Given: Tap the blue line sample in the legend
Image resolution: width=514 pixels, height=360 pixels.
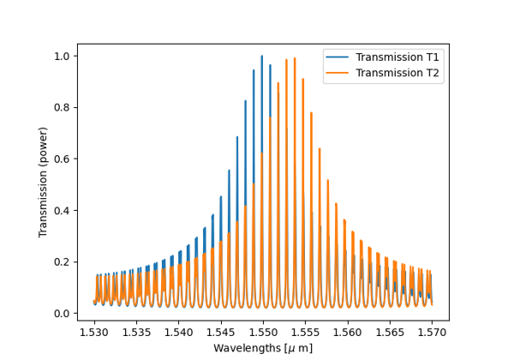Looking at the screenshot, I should point(338,57).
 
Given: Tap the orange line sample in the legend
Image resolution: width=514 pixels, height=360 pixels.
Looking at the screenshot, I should point(338,73).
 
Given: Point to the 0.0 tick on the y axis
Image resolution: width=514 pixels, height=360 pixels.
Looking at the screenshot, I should point(63,314).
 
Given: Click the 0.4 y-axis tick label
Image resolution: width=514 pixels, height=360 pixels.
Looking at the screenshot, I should point(63,211).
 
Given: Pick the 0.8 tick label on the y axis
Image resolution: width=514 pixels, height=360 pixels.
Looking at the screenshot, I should point(63,108).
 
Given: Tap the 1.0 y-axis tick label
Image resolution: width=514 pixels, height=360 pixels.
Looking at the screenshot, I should point(63,57).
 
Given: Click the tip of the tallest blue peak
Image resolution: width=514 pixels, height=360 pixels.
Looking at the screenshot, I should point(262,57).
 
